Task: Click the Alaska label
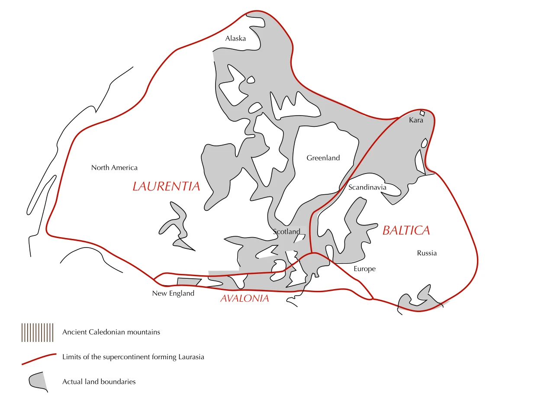(235, 39)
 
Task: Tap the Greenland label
(323, 158)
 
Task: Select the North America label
(114, 167)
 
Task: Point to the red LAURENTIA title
(166, 187)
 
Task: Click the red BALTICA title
(406, 231)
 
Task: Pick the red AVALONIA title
(245, 298)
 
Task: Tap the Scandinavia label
(367, 187)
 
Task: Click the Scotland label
(287, 232)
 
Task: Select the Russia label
(427, 253)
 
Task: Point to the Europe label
(364, 269)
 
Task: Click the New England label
(173, 293)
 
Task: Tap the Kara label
(416, 120)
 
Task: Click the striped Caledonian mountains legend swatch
(37, 332)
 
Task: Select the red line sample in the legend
(39, 357)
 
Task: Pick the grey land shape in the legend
(38, 381)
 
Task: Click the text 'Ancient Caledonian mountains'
(111, 332)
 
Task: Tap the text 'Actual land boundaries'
(99, 382)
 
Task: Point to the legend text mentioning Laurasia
(133, 357)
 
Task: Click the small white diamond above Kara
(422, 113)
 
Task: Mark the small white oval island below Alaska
(251, 80)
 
